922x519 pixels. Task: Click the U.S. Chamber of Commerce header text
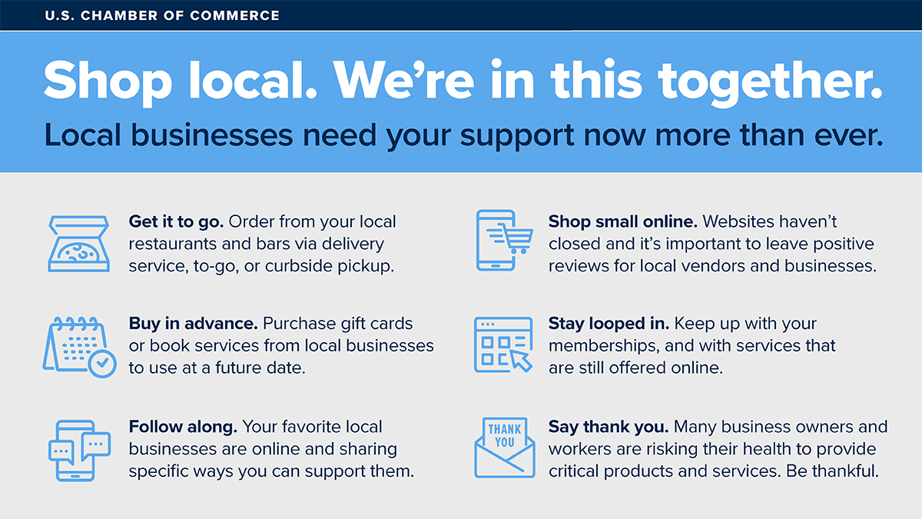click(x=162, y=15)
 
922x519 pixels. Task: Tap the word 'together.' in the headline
click(x=771, y=82)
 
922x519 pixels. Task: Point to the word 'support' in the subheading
click(x=517, y=137)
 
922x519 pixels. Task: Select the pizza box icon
click(x=78, y=244)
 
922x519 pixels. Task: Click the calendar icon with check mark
click(x=79, y=347)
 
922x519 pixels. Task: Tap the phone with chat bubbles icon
click(x=79, y=451)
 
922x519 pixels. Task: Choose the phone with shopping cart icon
click(x=504, y=240)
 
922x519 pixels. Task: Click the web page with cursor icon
click(x=503, y=344)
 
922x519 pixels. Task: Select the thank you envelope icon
click(x=505, y=447)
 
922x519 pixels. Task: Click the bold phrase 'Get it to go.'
click(x=176, y=222)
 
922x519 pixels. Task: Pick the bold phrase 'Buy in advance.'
click(x=194, y=324)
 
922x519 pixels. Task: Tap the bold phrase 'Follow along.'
click(x=183, y=427)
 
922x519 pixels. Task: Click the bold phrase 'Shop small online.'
click(x=623, y=222)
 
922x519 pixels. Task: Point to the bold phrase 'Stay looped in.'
click(x=609, y=324)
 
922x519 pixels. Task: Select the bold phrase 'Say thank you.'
click(x=609, y=428)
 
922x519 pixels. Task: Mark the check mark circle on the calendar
click(x=102, y=364)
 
